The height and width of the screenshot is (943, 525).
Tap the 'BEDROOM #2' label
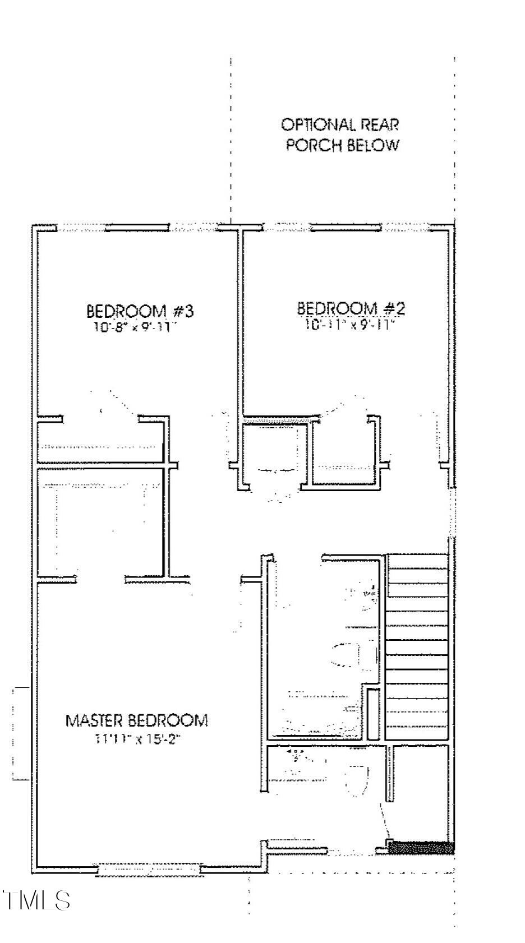[351, 308]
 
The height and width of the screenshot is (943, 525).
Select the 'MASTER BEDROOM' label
[137, 720]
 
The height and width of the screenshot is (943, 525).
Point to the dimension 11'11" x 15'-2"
[138, 739]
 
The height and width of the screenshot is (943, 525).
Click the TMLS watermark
[37, 900]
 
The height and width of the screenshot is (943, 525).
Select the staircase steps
[417, 645]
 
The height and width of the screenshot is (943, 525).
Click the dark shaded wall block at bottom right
[421, 848]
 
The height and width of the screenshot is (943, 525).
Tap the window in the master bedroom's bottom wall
[149, 870]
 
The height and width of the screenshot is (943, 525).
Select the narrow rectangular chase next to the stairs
[371, 709]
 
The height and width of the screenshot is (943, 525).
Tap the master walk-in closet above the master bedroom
[101, 521]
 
